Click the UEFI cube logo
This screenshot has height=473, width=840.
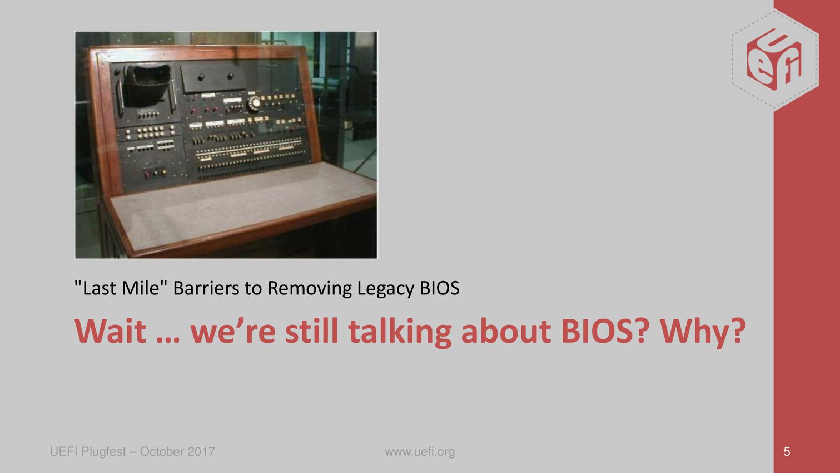[775, 60]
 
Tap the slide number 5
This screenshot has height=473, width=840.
[787, 452]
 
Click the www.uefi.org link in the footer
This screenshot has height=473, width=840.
[420, 452]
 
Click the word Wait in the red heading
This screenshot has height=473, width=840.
[110, 331]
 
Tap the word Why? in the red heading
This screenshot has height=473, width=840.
[703, 332]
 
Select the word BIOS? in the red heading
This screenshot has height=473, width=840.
[605, 331]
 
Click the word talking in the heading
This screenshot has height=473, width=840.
[400, 332]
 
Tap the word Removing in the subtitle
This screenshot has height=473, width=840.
[310, 289]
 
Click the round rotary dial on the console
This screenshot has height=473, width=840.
[255, 103]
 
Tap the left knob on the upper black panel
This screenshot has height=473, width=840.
[201, 77]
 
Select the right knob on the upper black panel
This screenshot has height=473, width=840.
[230, 76]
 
